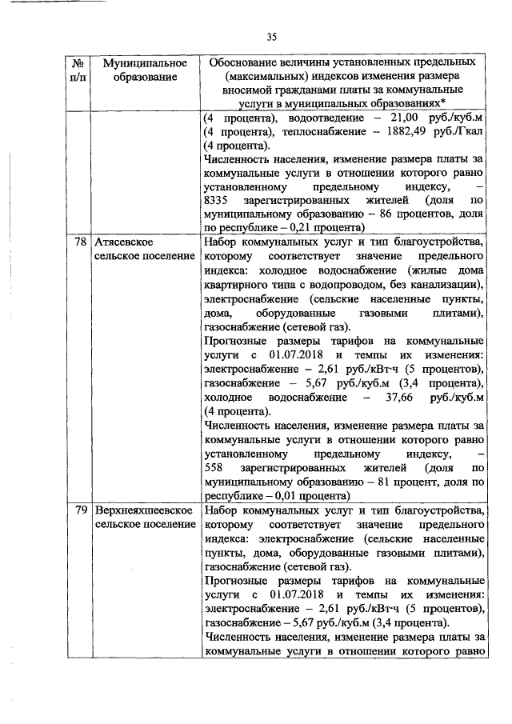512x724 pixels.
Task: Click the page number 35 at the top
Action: pos(271,37)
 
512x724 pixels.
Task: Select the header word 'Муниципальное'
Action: pos(140,62)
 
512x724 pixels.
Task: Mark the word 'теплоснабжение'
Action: pos(298,132)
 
